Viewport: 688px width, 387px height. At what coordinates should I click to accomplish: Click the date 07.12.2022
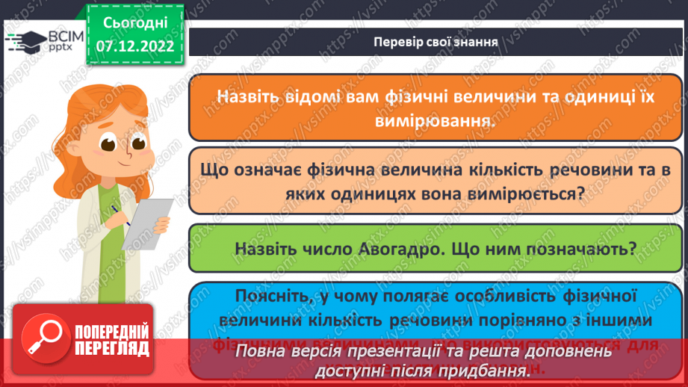[134, 46]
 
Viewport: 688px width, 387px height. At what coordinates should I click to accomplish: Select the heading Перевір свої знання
[436, 41]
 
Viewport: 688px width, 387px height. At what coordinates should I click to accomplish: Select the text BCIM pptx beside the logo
[58, 41]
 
